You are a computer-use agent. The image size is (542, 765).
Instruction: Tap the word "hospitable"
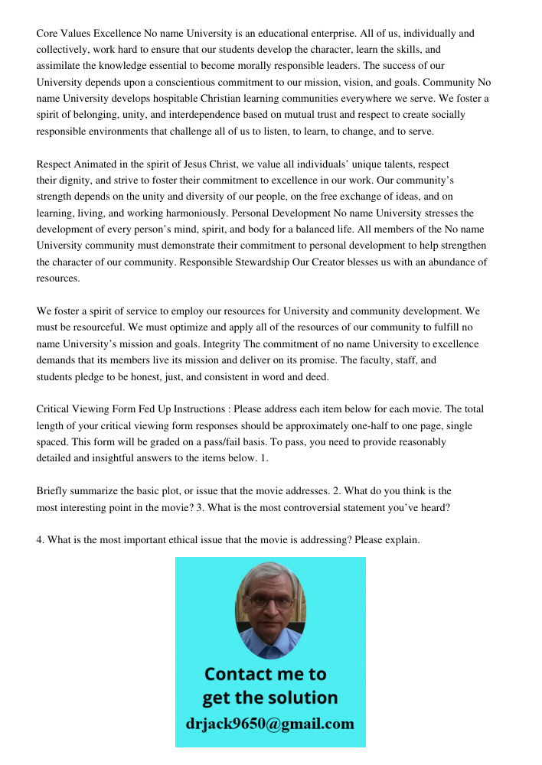(180, 99)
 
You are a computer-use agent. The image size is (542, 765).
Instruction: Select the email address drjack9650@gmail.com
(269, 724)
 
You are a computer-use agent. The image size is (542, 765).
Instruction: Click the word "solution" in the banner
(301, 698)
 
